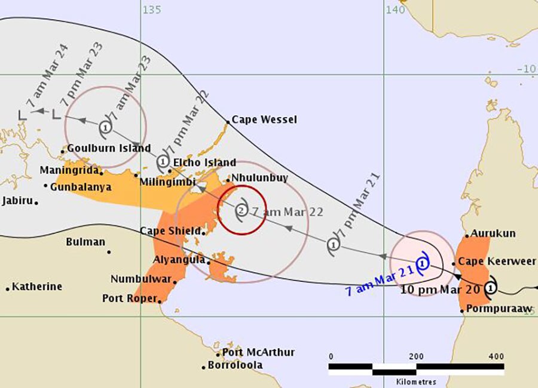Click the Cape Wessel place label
point(264,120)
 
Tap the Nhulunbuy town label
point(259,178)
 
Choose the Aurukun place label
point(493,234)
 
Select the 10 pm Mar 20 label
point(431,291)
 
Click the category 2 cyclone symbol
point(240,210)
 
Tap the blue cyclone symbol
point(423,263)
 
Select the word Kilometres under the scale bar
point(411,381)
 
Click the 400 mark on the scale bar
point(495,356)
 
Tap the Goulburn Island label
point(109,148)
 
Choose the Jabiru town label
point(17,201)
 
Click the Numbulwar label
point(140,279)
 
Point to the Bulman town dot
point(109,252)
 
